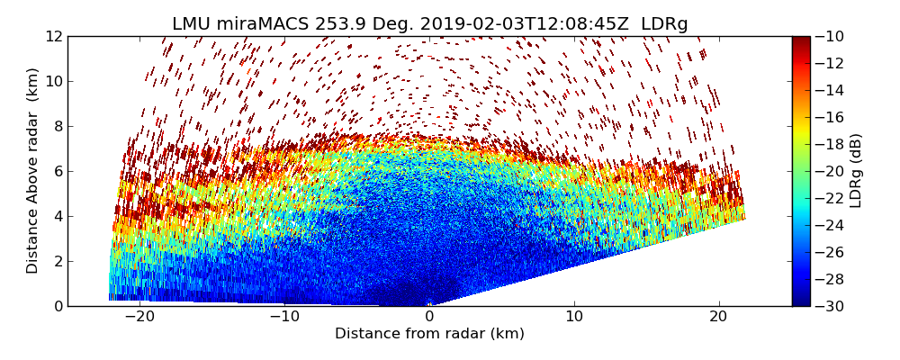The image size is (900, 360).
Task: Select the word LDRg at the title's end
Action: tap(665, 24)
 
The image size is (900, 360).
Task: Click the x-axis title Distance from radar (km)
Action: tap(429, 334)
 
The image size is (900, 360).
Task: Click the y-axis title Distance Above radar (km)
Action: tap(33, 171)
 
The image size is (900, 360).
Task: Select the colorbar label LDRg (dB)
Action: tap(856, 171)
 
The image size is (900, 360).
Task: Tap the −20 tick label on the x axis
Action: tap(139, 317)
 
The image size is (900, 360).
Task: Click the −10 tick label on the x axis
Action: tap(284, 317)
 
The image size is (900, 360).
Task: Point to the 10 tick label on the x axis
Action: tap(574, 317)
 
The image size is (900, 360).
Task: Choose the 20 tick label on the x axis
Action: tap(719, 317)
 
